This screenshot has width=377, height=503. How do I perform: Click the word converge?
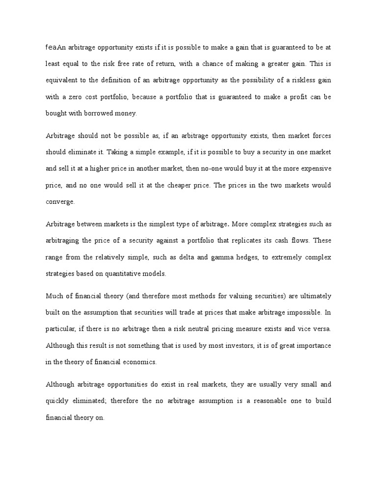point(59,201)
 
